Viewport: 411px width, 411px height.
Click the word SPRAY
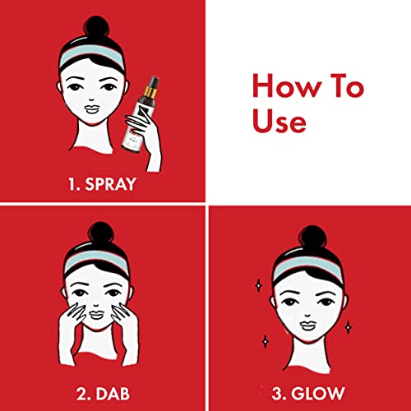(110, 184)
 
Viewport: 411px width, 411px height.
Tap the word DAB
(113, 394)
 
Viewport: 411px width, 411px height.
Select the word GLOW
(317, 394)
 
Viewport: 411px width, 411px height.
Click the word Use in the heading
(279, 121)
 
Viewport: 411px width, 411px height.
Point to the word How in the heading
(287, 85)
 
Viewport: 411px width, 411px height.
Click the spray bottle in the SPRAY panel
(141, 113)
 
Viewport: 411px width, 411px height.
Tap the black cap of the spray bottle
(153, 81)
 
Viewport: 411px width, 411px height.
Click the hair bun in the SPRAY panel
(96, 26)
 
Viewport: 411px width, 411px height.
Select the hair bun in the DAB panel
(100, 232)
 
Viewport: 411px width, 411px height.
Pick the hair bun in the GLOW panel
(312, 237)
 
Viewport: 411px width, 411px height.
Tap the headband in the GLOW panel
(307, 266)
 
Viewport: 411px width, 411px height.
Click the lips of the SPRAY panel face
(91, 109)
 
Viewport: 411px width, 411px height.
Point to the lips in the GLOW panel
(307, 326)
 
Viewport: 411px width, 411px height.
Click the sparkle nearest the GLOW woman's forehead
(258, 286)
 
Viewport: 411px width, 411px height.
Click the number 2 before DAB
(81, 394)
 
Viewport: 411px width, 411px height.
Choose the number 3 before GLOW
(277, 394)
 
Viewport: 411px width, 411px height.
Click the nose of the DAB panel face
(96, 305)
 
